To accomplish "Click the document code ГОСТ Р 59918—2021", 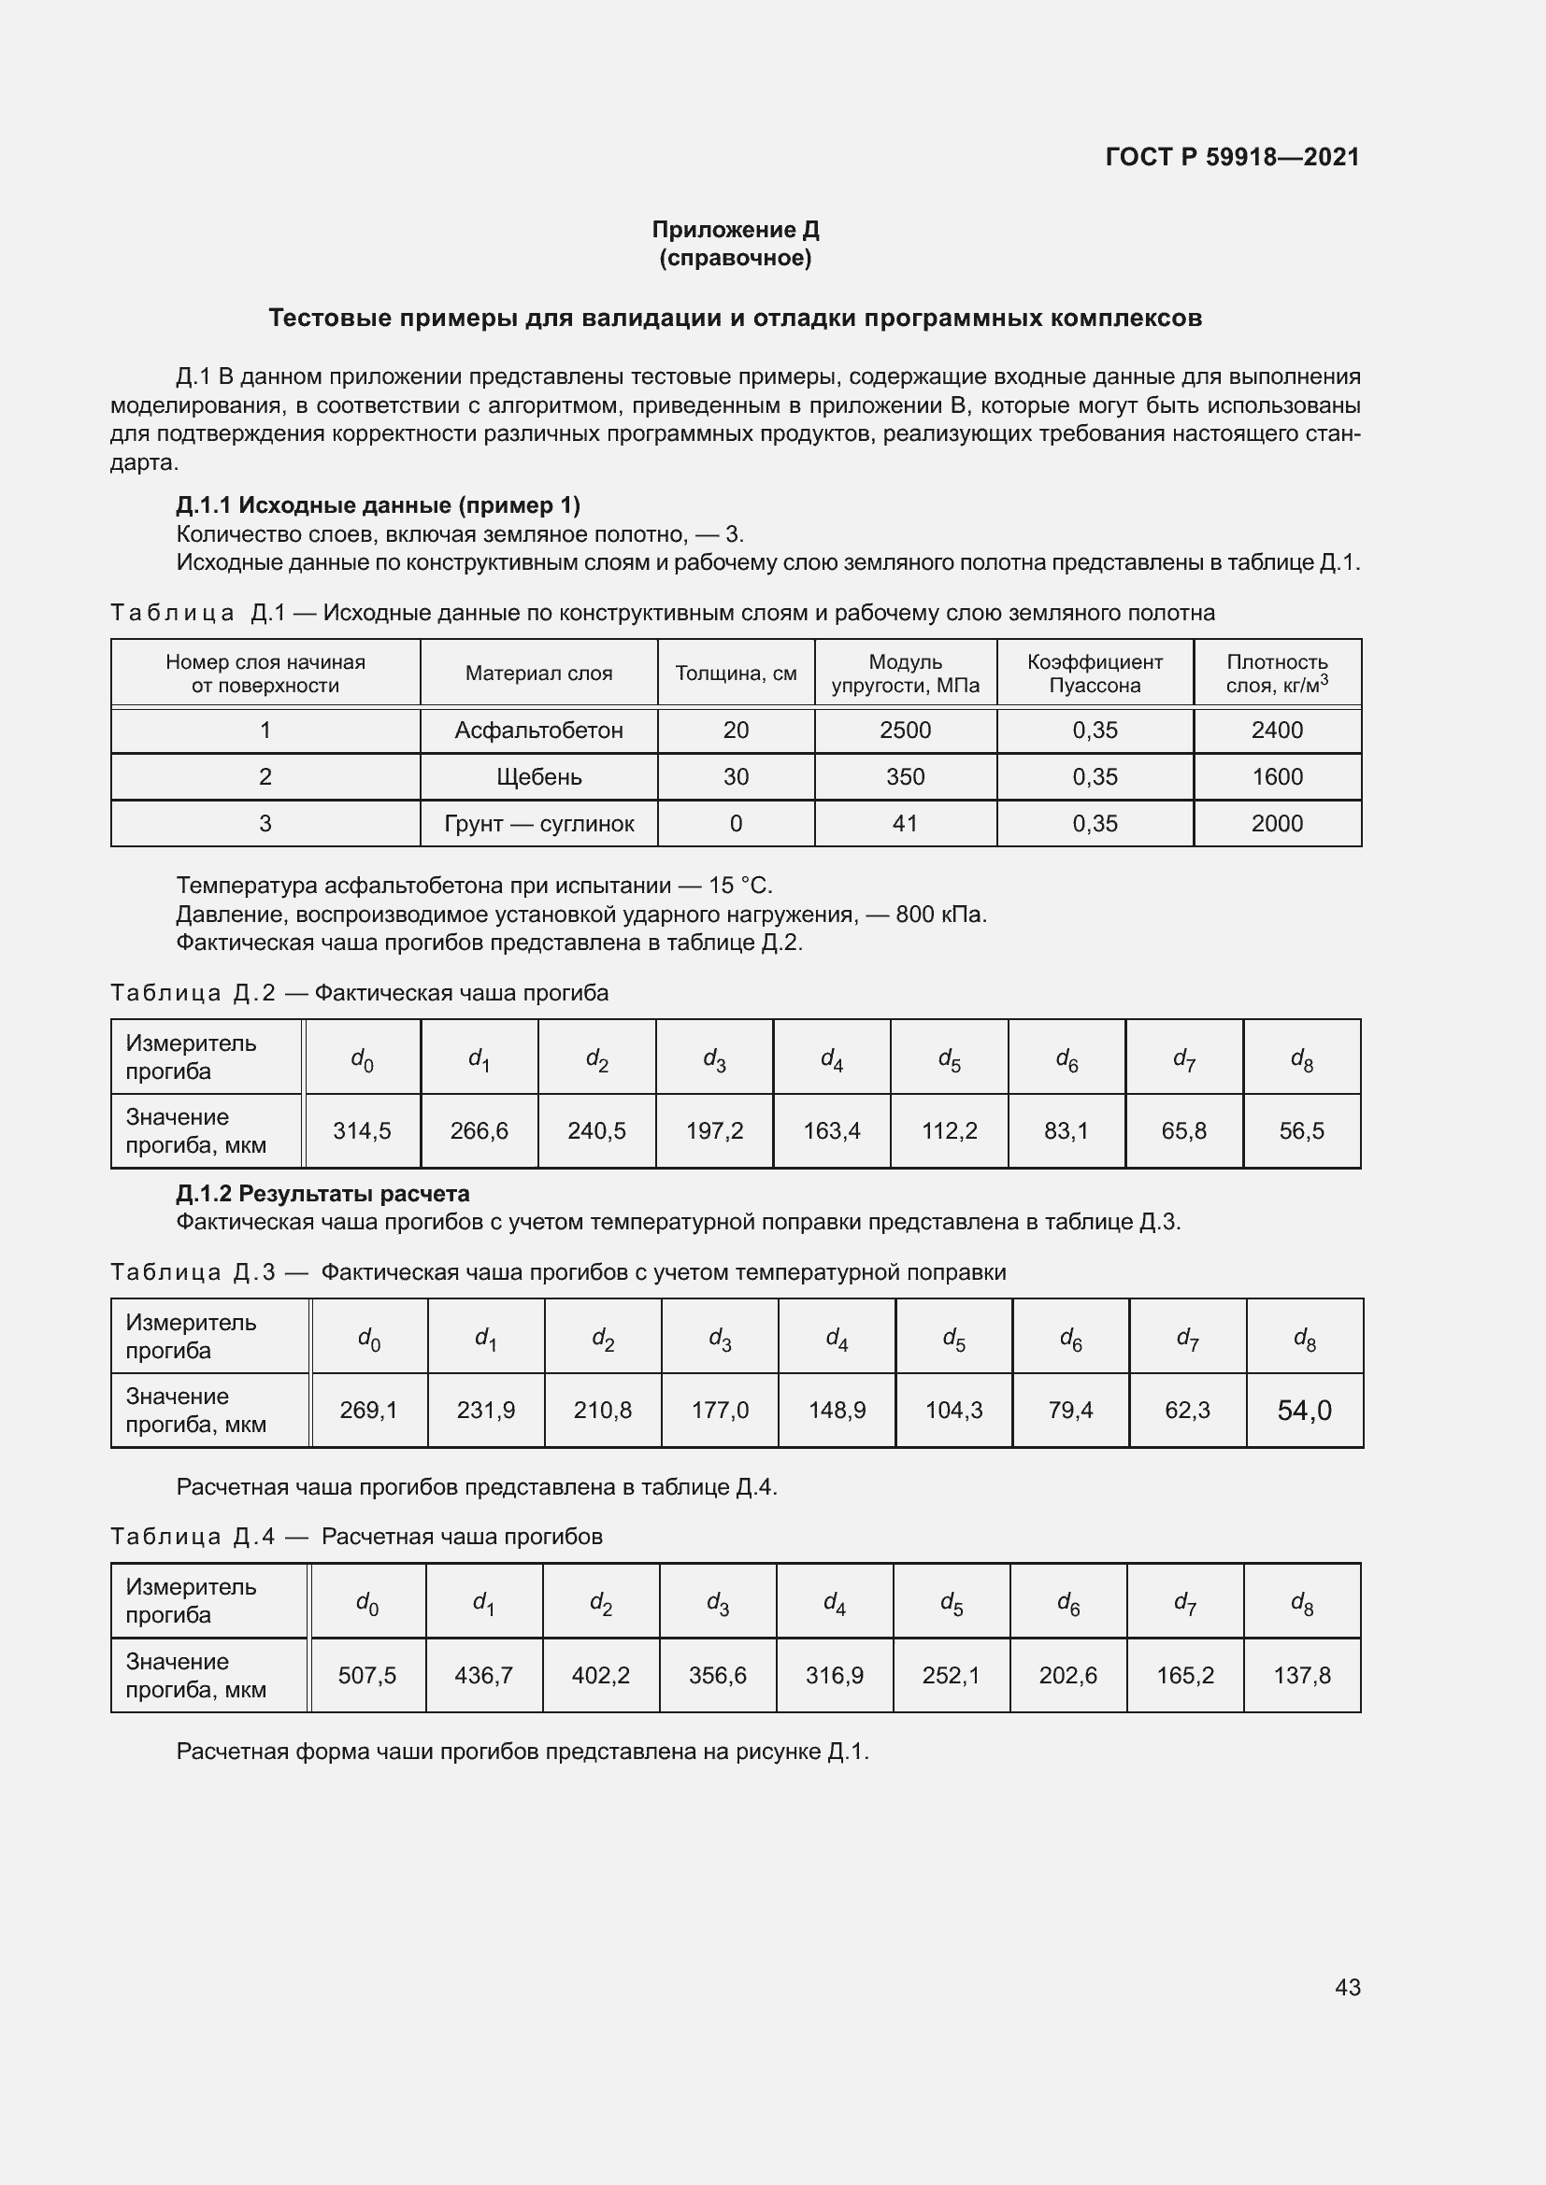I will [1232, 157].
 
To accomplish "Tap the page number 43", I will [1347, 1987].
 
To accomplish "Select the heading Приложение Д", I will [735, 230].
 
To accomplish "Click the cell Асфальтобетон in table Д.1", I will [538, 730].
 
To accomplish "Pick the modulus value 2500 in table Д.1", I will [905, 730].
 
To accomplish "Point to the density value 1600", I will [1277, 776].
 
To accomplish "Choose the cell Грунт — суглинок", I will [538, 823].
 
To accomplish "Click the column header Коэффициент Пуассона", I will [1094, 673].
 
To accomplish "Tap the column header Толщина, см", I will [735, 673].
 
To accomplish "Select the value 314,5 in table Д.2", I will [362, 1130].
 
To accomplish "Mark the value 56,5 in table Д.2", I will [1301, 1130].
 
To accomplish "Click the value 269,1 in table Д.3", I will [368, 1410].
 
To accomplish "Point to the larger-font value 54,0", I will [1304, 1411].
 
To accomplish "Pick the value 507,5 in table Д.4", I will [366, 1675].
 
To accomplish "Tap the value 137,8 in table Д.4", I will [1301, 1675].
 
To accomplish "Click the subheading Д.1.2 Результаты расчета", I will [322, 1193].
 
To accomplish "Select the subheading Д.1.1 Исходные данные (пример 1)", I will [378, 504].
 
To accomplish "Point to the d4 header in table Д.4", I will [834, 1604].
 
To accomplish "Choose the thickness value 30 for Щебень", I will [735, 776].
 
